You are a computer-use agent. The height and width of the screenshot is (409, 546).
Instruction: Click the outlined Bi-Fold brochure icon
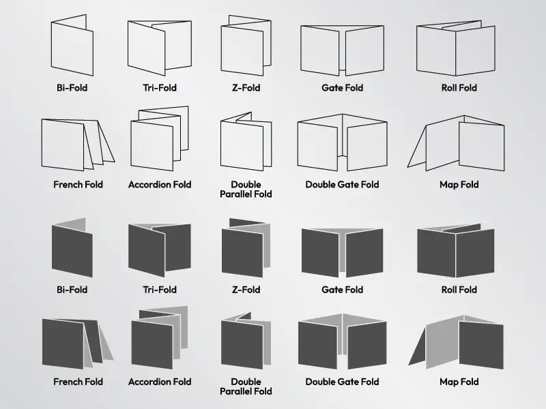coord(72,45)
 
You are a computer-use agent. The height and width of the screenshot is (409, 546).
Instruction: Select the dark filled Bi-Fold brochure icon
coord(72,247)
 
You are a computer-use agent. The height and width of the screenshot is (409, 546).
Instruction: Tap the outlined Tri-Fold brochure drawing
coord(160,48)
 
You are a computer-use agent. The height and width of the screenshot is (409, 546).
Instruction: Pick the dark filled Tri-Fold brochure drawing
coord(160,249)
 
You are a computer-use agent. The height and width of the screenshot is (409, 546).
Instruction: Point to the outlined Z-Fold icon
coord(246,45)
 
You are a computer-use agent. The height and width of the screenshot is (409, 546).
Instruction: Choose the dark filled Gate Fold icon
coord(343,253)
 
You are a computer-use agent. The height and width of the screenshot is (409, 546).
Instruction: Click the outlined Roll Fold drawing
coord(455,48)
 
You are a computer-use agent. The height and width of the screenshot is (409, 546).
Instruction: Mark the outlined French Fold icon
coord(78,145)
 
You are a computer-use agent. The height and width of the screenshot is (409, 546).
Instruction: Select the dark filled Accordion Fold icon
coord(160,337)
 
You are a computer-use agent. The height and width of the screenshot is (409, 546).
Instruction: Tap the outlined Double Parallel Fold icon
coord(246,141)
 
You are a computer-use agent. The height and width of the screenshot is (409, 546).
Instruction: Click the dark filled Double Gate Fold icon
coord(343,342)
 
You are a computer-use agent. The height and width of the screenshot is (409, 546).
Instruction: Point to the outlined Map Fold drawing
coord(456,143)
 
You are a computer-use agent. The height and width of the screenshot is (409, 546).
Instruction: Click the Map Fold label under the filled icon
coord(459,382)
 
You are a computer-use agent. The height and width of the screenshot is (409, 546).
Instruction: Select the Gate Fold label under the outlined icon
coord(343,88)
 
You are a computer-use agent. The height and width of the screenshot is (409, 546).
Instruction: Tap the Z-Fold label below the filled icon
coord(246,289)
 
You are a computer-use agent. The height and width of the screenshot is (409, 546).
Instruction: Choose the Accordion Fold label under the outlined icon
coord(160,184)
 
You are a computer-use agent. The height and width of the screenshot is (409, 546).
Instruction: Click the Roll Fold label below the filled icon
coord(459,289)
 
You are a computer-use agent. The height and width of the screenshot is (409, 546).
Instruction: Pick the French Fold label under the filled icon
coord(78,382)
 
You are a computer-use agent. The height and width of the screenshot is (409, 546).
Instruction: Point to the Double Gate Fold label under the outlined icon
coord(343,184)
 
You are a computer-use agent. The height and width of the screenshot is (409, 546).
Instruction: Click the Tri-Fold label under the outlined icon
coord(160,88)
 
